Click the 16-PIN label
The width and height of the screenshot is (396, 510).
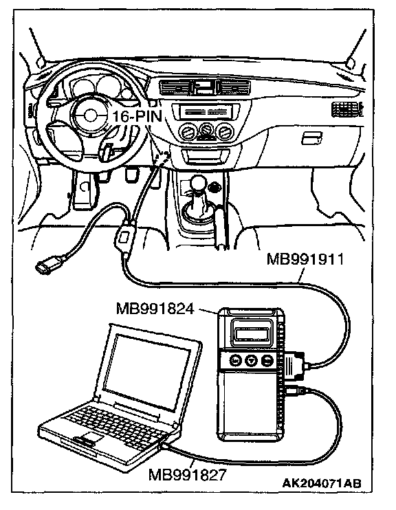pyautogui.click(x=137, y=116)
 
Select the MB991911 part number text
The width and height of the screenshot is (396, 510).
pyautogui.click(x=305, y=260)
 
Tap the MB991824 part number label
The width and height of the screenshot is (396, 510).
pyautogui.click(x=155, y=309)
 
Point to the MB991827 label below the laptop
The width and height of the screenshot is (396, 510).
pyautogui.click(x=187, y=475)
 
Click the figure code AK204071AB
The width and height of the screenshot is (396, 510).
pyautogui.click(x=322, y=483)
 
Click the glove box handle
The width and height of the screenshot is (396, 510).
pyautogui.click(x=312, y=138)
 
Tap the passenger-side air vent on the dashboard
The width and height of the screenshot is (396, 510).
pyautogui.click(x=347, y=109)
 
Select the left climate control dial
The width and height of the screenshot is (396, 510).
pyautogui.click(x=188, y=132)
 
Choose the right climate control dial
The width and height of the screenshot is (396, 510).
pyautogui.click(x=224, y=132)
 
